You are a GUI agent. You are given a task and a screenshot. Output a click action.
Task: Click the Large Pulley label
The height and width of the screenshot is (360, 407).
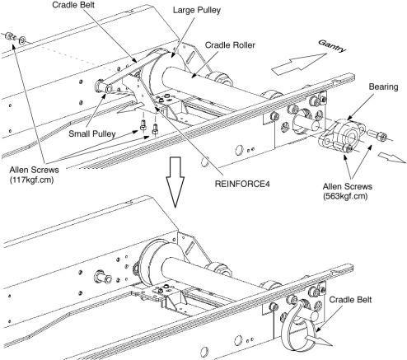pos(197,11)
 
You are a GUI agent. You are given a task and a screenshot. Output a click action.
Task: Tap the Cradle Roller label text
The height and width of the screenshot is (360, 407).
pos(230,45)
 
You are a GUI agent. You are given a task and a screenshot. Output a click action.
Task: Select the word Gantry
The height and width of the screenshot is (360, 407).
pos(332,45)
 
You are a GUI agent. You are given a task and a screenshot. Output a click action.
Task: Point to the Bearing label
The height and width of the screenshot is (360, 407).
pos(383,86)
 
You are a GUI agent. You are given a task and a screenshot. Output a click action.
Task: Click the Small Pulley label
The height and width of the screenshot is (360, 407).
pos(92,133)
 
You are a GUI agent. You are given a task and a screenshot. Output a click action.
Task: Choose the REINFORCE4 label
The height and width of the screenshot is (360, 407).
pos(242,184)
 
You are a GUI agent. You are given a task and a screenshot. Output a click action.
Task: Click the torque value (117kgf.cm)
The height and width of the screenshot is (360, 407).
pos(31,180)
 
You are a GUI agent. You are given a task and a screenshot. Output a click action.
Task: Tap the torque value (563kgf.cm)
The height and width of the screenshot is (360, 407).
pos(345,196)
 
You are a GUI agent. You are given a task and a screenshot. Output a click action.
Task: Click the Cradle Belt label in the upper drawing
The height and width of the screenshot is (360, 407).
pos(73,5)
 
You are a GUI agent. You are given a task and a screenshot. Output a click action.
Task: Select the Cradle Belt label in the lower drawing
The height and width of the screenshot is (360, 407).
pos(350,299)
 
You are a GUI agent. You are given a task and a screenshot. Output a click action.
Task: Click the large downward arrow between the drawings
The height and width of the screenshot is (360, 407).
pos(175,182)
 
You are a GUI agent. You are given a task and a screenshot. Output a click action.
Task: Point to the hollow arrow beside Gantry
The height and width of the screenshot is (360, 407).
pos(299,63)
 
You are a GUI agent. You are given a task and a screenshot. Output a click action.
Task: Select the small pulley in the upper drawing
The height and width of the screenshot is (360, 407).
pos(103,86)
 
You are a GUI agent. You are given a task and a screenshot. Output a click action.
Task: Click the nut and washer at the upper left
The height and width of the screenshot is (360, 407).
pos(16,38)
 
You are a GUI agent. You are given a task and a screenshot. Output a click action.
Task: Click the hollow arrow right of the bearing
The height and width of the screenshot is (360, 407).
pos(392,157)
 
